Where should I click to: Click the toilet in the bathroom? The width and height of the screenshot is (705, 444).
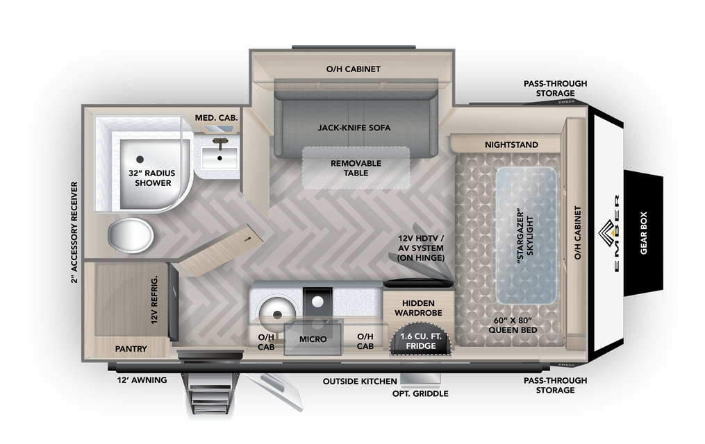pos(130,236)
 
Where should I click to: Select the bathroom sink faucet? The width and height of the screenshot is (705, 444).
pos(220,144)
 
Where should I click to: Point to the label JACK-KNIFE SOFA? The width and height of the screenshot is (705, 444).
pos(354,128)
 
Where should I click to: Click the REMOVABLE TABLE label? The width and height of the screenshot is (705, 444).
pos(356,168)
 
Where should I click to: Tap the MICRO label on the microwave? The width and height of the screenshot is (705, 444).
pos(313,339)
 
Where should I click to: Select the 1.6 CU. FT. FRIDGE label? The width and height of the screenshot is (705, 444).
pos(422,341)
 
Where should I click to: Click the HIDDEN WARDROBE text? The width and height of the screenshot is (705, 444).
pos(418,308)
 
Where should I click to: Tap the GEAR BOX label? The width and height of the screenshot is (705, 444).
pos(643,233)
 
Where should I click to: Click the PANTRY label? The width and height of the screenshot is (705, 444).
pos(131,348)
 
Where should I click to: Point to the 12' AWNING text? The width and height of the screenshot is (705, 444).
pos(142,380)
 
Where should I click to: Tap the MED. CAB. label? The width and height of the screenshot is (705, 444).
pos(216,118)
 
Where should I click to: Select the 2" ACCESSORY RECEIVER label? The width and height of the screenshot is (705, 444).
pos(74,232)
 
